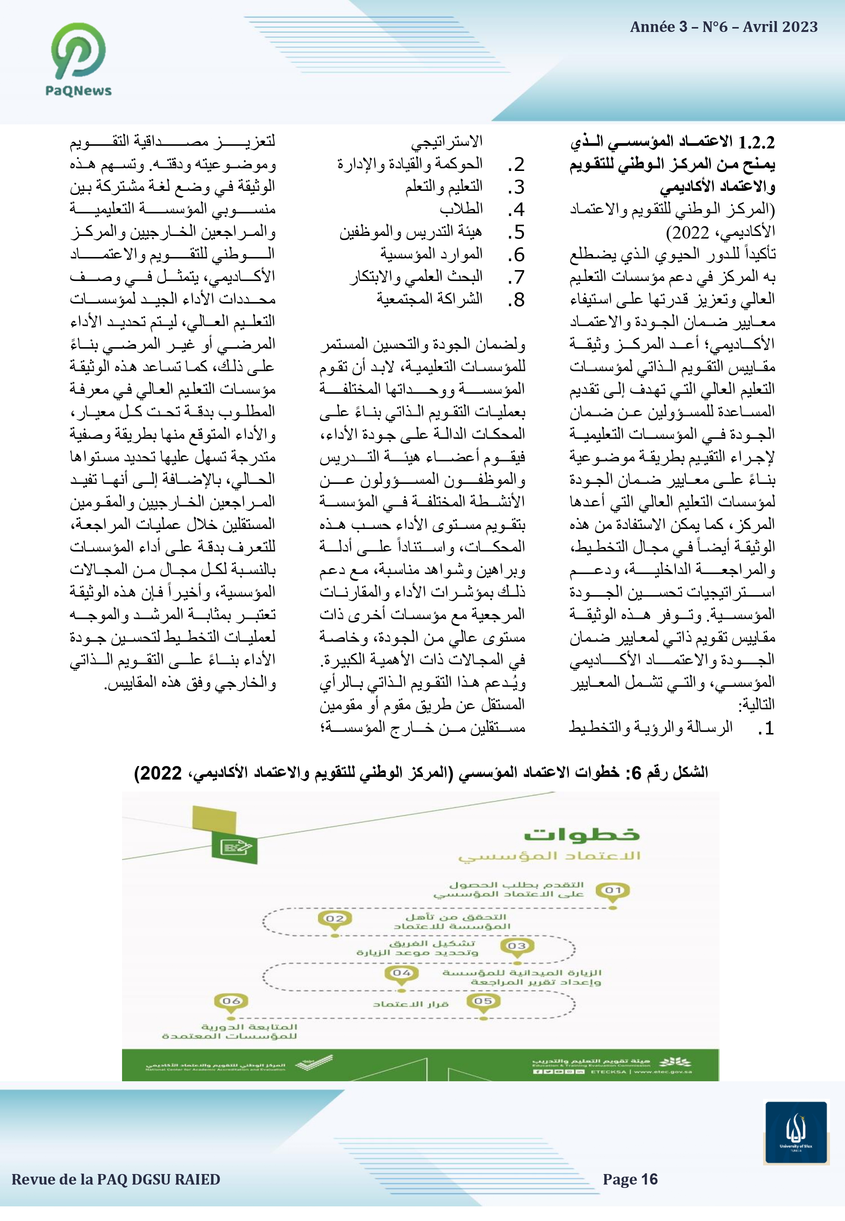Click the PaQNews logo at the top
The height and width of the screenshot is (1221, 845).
click(78, 60)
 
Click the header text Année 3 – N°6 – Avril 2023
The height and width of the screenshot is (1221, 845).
click(723, 27)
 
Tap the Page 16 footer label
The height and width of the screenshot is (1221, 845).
click(630, 1179)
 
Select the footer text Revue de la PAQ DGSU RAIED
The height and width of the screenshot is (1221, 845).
click(116, 1180)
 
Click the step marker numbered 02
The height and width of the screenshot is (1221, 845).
click(335, 919)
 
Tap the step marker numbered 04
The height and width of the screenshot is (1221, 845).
click(402, 973)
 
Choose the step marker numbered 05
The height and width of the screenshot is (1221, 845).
click(483, 1001)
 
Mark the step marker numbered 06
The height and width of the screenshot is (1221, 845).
click(231, 1001)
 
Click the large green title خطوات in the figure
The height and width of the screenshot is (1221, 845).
click(582, 835)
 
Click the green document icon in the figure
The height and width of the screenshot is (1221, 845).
click(235, 847)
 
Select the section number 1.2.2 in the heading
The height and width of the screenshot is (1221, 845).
click(756, 142)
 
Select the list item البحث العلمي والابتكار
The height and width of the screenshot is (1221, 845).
click(416, 277)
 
